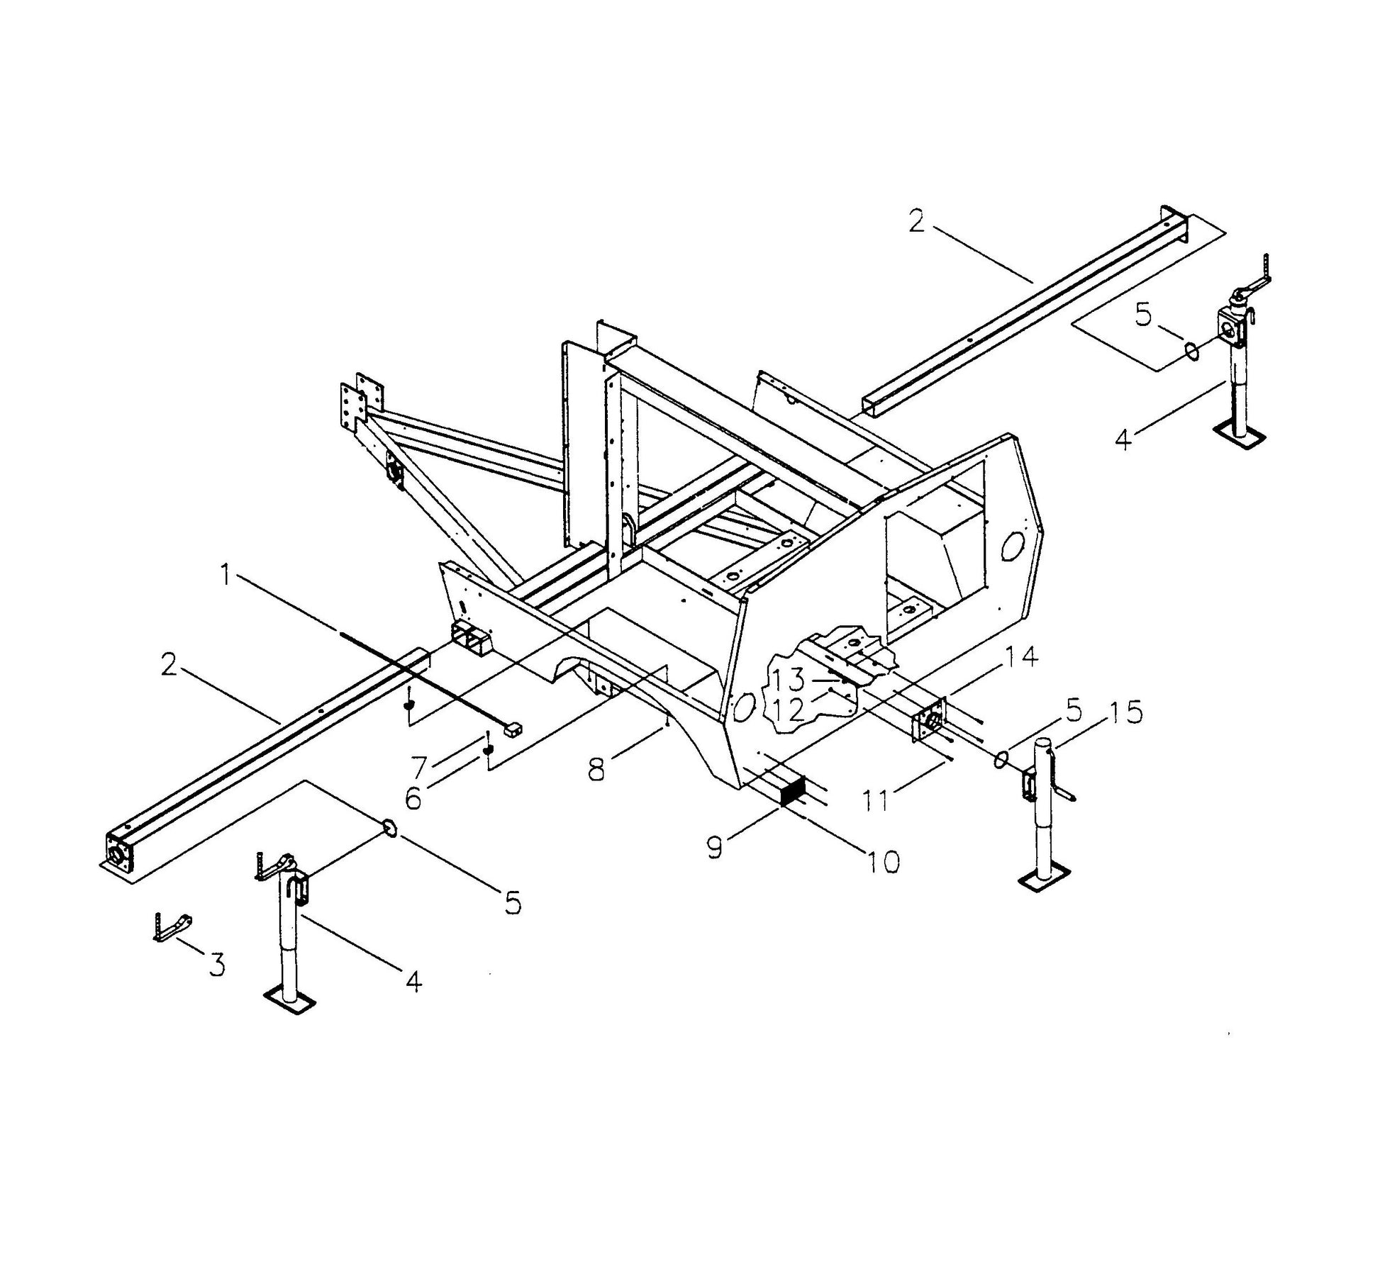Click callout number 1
226,576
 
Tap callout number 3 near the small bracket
216,965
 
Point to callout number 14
1020,657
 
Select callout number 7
419,766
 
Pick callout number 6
413,800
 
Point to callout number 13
789,680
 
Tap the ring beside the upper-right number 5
1192,349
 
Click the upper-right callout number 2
916,222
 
